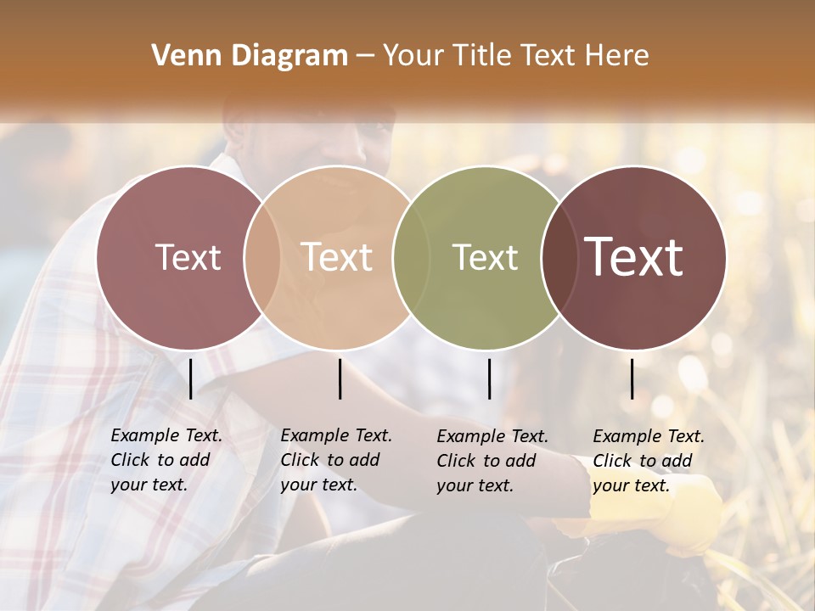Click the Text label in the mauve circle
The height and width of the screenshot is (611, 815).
click(x=188, y=257)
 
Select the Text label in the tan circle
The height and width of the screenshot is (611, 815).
click(x=336, y=257)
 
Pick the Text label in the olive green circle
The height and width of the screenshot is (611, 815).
click(x=485, y=257)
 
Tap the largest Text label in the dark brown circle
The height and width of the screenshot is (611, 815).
click(x=633, y=256)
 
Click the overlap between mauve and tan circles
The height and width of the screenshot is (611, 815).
click(x=261, y=257)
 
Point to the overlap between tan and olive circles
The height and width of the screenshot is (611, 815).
click(x=411, y=257)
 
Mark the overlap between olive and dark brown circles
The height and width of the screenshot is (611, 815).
click(x=558, y=257)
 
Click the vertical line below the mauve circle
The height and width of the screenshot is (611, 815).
click(x=191, y=378)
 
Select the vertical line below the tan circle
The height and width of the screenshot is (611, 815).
click(x=340, y=378)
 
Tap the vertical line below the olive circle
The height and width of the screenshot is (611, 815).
click(x=489, y=378)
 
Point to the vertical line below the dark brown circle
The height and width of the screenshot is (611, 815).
click(x=632, y=378)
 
